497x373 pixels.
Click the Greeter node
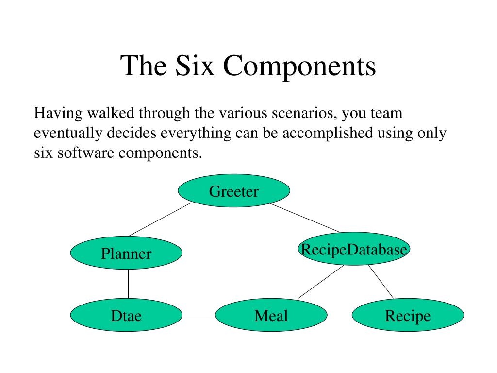pyautogui.click(x=234, y=191)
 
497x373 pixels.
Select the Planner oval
pyautogui.click(x=126, y=253)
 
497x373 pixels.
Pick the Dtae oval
pyautogui.click(x=126, y=315)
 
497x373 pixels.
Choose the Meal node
pyautogui.click(x=271, y=315)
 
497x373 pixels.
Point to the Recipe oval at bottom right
pyautogui.click(x=408, y=315)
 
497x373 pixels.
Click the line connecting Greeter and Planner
pyautogui.click(x=159, y=220)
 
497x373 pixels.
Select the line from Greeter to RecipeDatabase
pyautogui.click(x=305, y=218)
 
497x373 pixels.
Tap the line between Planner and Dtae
pyautogui.click(x=128, y=284)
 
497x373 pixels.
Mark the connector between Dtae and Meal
pyautogui.click(x=199, y=315)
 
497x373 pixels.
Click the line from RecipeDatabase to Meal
pyautogui.click(x=321, y=282)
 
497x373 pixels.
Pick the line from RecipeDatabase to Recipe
pyautogui.click(x=381, y=281)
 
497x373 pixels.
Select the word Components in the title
pyautogui.click(x=300, y=67)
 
